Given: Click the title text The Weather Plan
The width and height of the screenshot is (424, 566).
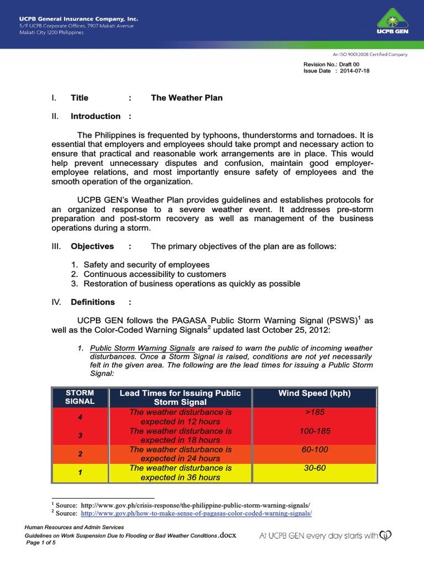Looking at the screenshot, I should pos(187,98).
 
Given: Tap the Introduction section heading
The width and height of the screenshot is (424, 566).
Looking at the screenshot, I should pos(96,116).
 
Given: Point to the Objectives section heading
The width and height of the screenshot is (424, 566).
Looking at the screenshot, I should pos(92,246).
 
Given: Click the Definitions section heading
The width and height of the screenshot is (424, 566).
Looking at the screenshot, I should pos(93,302).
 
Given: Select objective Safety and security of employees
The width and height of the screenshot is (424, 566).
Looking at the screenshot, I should pos(146,265).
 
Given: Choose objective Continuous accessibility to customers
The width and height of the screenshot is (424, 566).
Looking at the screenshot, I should pos(155,274).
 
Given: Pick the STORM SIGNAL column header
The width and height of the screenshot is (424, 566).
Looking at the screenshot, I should pos(80,397).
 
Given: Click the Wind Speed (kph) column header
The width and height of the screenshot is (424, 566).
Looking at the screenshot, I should pos(315,394).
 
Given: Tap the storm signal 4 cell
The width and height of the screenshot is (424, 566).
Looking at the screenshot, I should pos(80,417).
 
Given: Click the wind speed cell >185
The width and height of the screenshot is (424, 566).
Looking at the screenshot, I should pos(315,412).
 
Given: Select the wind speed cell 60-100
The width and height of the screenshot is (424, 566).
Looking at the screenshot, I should pos(315,450).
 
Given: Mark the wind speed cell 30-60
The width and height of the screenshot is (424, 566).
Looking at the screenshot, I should pos(315,468).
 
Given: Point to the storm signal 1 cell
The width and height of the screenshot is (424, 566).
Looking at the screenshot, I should pos(80,473).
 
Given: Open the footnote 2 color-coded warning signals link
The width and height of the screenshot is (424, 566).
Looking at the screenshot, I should pos(196,513).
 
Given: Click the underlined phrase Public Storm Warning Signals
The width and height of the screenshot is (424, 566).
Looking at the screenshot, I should pos(142,348).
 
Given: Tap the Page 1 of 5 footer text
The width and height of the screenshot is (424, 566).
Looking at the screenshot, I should pos(41,543).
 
